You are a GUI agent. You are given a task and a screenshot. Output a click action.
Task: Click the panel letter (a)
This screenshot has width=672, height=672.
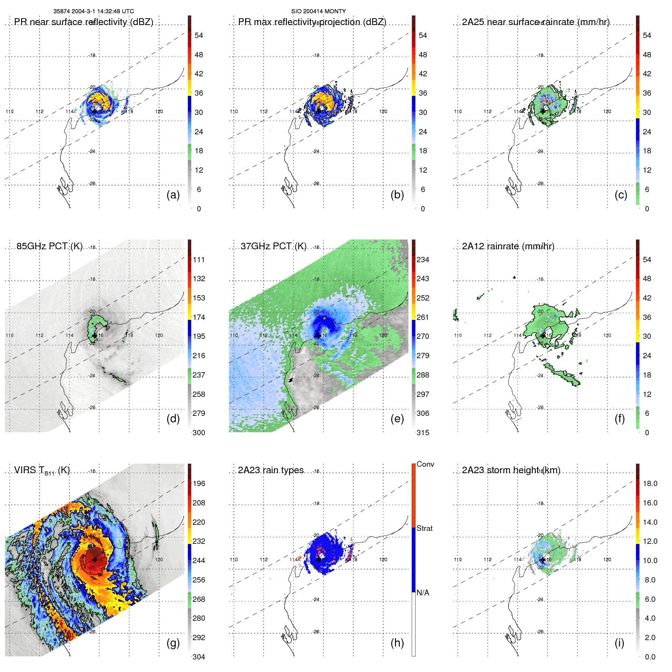(173, 195)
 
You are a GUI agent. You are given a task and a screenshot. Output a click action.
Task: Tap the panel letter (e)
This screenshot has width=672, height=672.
(397, 419)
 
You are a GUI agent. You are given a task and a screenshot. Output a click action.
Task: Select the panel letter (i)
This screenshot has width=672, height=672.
(619, 643)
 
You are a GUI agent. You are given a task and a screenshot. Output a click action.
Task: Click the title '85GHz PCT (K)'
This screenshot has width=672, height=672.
(49, 246)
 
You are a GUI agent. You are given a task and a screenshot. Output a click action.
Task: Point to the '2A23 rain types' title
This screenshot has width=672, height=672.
(271, 470)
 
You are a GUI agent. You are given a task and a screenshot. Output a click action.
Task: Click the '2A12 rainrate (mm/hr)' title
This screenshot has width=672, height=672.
(508, 246)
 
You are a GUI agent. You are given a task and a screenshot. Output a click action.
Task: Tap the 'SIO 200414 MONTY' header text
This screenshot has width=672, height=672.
(318, 11)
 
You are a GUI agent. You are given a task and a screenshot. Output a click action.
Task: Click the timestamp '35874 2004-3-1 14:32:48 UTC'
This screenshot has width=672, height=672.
(93, 11)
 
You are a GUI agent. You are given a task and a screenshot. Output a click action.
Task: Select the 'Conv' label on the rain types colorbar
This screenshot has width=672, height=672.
(425, 464)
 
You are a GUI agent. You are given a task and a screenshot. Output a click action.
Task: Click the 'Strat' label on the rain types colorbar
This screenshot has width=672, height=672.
(424, 529)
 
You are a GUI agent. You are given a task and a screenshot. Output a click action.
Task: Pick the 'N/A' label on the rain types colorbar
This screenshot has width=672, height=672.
(423, 593)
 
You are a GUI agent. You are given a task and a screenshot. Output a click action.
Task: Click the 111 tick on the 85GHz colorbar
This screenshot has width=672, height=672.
(199, 260)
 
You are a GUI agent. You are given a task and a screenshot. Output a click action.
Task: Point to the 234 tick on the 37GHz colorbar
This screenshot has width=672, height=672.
(423, 260)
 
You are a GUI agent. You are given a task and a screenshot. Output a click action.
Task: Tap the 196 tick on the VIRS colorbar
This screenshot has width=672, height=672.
(199, 484)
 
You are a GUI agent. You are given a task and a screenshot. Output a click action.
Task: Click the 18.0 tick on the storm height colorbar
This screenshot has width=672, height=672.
(650, 484)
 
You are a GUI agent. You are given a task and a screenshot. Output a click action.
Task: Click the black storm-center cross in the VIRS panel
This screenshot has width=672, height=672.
(94, 560)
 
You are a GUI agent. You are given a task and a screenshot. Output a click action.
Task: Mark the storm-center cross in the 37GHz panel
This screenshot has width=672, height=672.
(319, 335)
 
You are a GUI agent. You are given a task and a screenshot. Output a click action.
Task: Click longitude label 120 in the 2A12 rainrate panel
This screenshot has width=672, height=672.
(607, 335)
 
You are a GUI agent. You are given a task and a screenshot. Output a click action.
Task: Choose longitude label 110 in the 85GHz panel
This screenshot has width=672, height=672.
(9, 335)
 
